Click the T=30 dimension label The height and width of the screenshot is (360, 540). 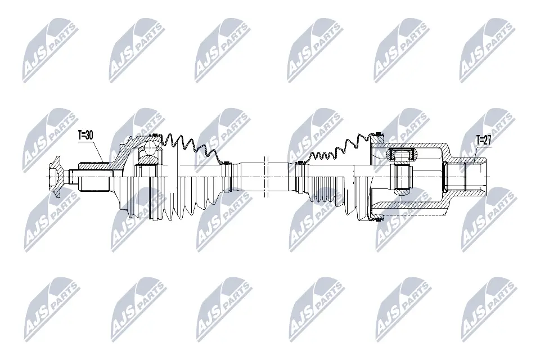click(x=85, y=134)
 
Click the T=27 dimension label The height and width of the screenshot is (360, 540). click(x=483, y=140)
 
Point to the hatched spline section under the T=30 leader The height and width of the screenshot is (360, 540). click(x=96, y=166)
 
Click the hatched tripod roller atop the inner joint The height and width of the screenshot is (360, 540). click(x=401, y=152)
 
